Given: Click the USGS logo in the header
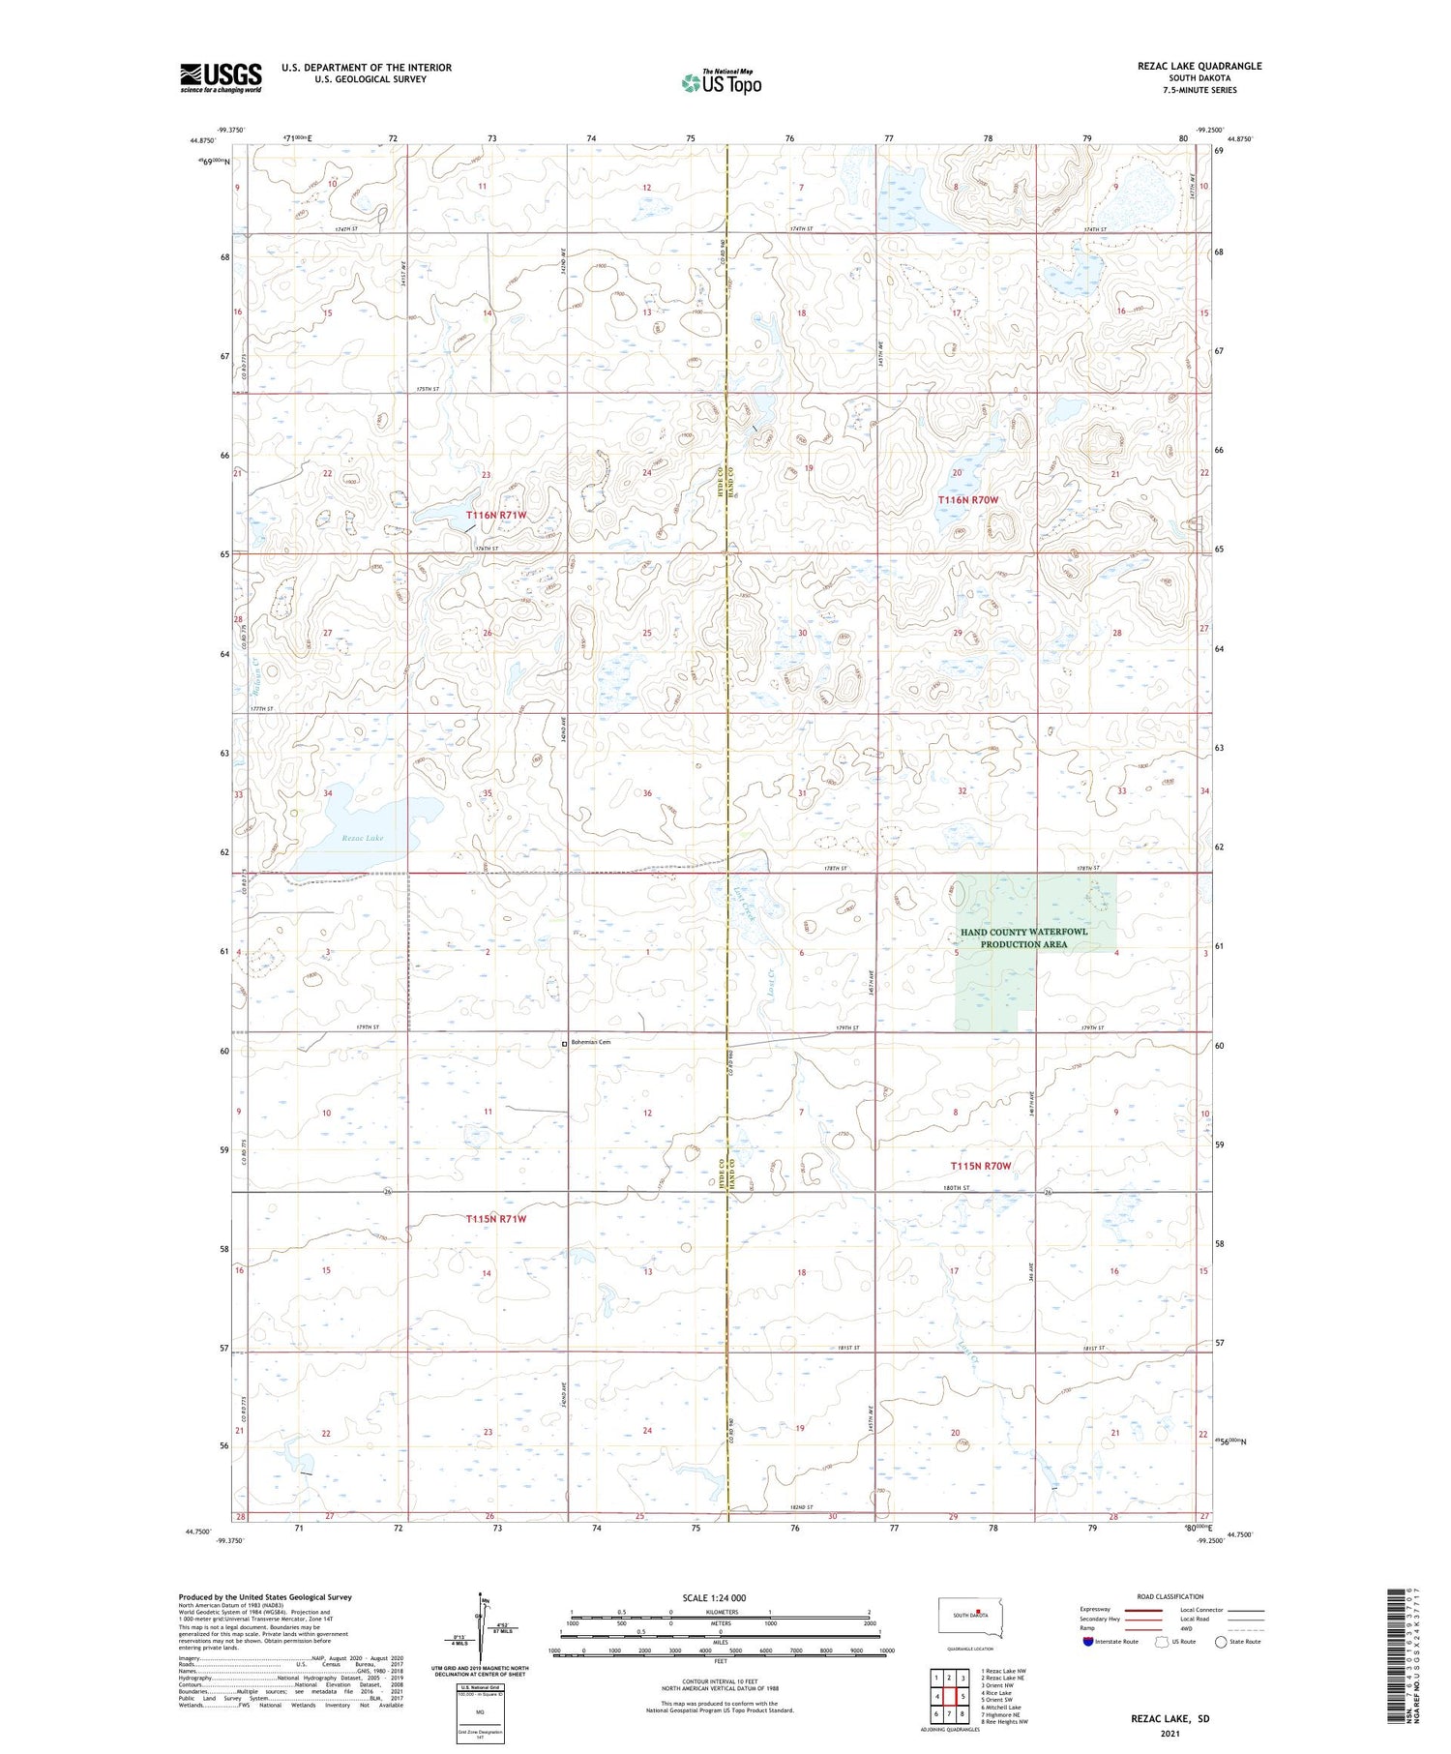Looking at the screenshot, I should pyautogui.click(x=221, y=77).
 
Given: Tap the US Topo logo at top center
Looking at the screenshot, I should pyautogui.click(x=721, y=83).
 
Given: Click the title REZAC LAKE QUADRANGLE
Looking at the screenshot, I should pyautogui.click(x=1199, y=66).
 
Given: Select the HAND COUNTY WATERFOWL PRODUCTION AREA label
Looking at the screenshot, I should pyautogui.click(x=1023, y=937).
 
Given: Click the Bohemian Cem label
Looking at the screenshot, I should pyautogui.click(x=593, y=1042).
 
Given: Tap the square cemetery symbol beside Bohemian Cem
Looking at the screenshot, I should pyautogui.click(x=565, y=1043).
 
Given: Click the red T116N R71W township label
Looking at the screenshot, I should pyautogui.click(x=496, y=516).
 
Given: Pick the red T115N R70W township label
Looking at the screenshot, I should pyautogui.click(x=980, y=1166).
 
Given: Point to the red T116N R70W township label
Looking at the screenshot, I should pyautogui.click(x=967, y=499).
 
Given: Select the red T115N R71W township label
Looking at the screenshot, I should pyautogui.click(x=496, y=1219).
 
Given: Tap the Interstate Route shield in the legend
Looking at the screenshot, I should pyautogui.click(x=1087, y=1642).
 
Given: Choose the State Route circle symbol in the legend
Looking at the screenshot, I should pyautogui.click(x=1221, y=1642).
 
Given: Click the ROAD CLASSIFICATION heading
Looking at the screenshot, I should pyautogui.click(x=1170, y=1596).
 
